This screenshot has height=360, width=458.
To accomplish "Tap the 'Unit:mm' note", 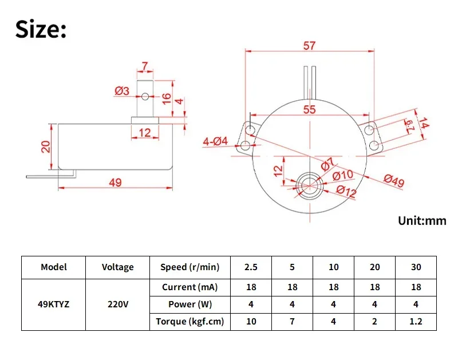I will pyautogui.click(x=422, y=221).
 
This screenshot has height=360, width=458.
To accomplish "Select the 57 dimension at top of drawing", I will pyautogui.click(x=310, y=46).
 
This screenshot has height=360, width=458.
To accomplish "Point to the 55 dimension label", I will pyautogui.click(x=310, y=110).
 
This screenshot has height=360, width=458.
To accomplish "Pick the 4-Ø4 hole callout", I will pyautogui.click(x=215, y=141).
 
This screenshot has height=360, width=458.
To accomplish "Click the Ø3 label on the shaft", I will pyautogui.click(x=121, y=90).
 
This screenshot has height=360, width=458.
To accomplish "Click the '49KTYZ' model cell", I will pyautogui.click(x=54, y=304).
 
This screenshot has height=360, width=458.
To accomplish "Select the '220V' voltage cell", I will pyautogui.click(x=117, y=304).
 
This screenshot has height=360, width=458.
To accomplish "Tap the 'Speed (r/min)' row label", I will pyautogui.click(x=189, y=267).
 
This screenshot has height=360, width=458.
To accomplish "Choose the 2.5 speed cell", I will pyautogui.click(x=251, y=267).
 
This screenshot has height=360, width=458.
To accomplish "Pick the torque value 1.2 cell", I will pyautogui.click(x=416, y=322).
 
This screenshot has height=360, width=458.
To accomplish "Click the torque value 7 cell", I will pyautogui.click(x=293, y=322).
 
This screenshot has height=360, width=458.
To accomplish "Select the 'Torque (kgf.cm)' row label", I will pyautogui.click(x=189, y=322).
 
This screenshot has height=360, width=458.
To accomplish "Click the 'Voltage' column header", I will pyautogui.click(x=117, y=267).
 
